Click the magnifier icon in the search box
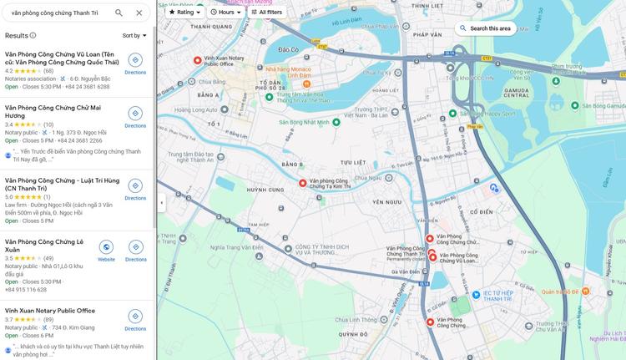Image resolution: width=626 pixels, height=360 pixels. point(119,13)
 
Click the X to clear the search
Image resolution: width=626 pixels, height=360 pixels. point(139,13)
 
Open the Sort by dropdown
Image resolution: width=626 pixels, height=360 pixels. point(134,36)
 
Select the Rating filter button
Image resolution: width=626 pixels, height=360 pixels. point(184,13)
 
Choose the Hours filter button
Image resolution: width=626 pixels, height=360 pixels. point(225,13)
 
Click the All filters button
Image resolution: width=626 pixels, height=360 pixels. point(267,13)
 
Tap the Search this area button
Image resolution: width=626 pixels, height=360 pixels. point(486,28)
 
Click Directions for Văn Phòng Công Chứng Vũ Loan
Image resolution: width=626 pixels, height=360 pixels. point(135,63)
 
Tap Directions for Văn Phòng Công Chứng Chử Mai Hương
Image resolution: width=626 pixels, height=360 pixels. point(135,117)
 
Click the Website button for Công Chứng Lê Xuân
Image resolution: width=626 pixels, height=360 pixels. point(106,251)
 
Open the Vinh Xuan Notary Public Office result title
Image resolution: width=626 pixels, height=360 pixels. point(50,311)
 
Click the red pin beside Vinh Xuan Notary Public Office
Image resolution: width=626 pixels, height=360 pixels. point(197,60)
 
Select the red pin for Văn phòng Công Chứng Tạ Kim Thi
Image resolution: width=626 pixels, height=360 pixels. point(303,183)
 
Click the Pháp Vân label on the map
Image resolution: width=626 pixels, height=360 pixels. point(427,35)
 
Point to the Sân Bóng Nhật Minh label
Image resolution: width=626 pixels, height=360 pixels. point(309,123)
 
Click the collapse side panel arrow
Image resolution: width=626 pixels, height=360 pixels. point(161,203)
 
